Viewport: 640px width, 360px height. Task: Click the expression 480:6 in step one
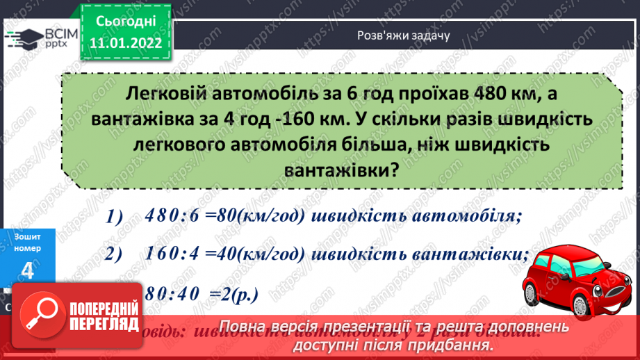tap(172, 216)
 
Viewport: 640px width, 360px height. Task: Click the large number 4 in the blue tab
tap(28, 272)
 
